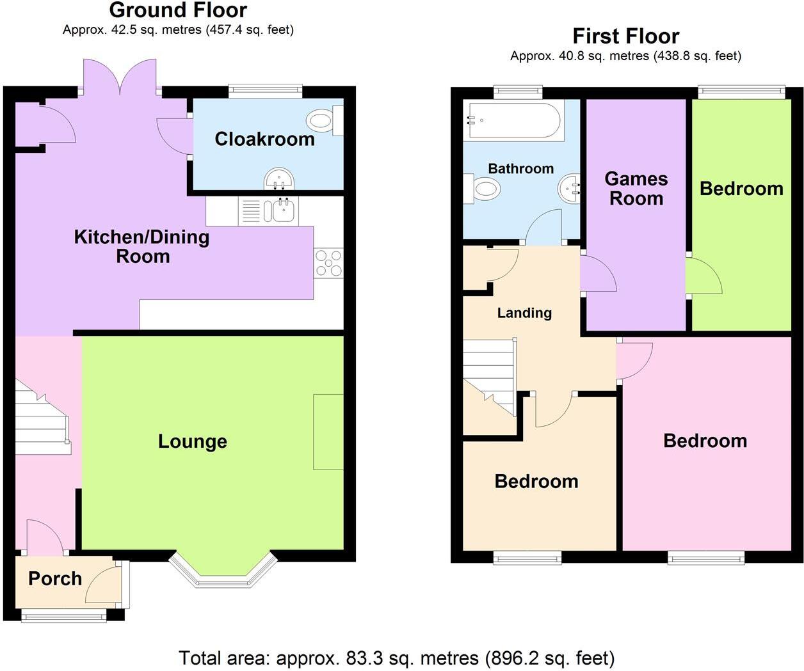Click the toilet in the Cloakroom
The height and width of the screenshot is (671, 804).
point(324,120)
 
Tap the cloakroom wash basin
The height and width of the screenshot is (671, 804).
point(278,179)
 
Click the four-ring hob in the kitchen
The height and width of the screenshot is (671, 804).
point(328,263)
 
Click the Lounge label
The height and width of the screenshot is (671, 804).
point(192,441)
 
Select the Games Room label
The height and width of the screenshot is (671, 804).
point(636,189)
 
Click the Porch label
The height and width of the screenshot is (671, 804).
point(55,579)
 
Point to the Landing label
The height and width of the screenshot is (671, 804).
point(524,313)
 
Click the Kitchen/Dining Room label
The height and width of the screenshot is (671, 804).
point(142,246)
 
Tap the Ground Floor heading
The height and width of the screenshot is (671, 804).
point(178,10)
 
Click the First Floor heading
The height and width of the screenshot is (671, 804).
point(625,36)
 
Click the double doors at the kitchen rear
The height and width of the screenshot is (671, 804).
point(120,78)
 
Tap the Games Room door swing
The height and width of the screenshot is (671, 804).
point(598,275)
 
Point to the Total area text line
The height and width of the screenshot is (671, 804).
point(396,658)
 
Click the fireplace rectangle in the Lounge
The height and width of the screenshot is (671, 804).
point(328,432)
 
